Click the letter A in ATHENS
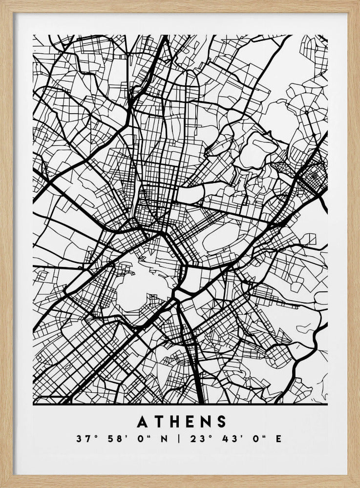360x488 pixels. tap(142, 421)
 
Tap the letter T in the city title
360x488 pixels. tap(159, 421)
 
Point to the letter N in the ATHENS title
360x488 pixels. tap(207, 421)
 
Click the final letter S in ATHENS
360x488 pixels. tap(222, 421)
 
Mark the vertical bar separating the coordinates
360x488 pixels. tap(179, 439)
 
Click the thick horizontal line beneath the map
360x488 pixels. tap(180, 405)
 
